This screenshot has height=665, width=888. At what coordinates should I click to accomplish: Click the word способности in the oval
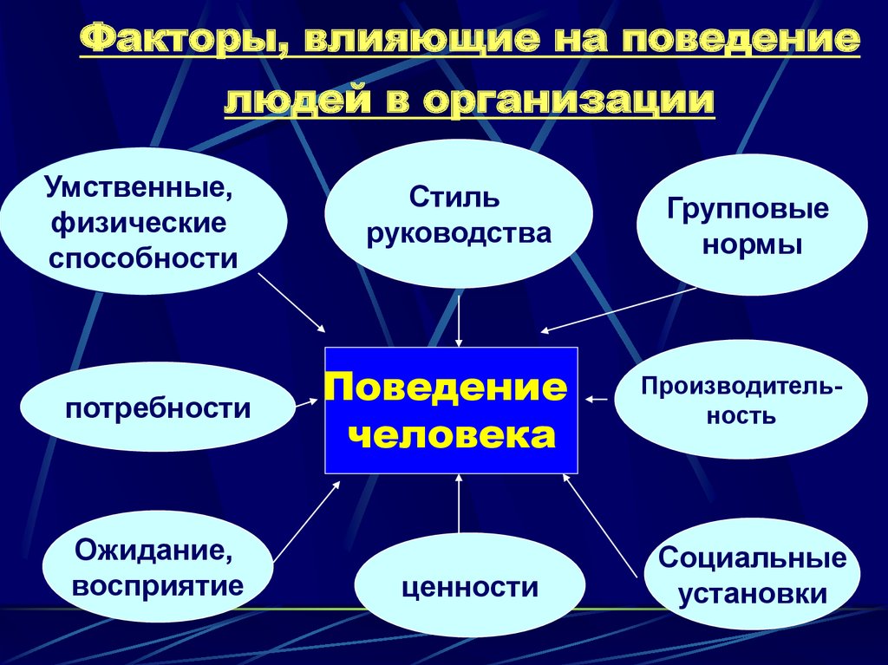(143, 258)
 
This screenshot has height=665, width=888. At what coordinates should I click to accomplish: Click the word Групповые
(748, 208)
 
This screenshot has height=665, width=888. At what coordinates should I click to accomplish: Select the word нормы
(751, 244)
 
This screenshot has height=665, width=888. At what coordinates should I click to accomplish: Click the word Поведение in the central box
(446, 387)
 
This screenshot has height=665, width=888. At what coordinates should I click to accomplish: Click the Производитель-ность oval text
(741, 399)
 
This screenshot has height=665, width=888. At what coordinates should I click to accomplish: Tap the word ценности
(470, 587)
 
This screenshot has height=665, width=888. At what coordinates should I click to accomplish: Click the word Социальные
(752, 558)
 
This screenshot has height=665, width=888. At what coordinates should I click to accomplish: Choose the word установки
(752, 595)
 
